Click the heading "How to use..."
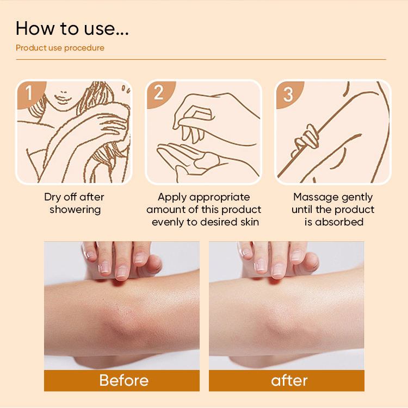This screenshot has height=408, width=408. [x=72, y=28]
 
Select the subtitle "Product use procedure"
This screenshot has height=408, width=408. [x=60, y=48]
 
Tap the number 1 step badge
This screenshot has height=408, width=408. [x=30, y=93]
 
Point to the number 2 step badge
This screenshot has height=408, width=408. [x=159, y=93]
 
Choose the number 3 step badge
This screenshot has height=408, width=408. [x=289, y=93]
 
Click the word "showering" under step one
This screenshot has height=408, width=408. [x=75, y=210]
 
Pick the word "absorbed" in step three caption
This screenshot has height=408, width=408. [x=339, y=222]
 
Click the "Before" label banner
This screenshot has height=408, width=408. [x=122, y=380]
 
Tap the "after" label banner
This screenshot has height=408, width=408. [x=287, y=380]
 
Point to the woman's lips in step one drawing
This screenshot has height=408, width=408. [x=61, y=97]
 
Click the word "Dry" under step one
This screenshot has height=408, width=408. [x=52, y=198]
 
